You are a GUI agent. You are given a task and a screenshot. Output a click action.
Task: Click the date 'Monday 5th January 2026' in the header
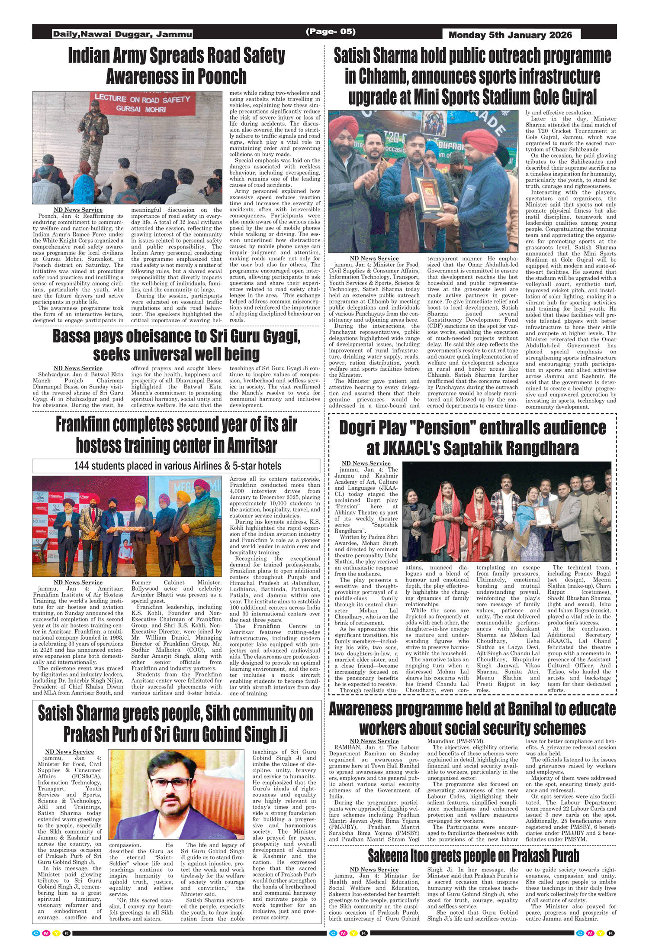point(510,35)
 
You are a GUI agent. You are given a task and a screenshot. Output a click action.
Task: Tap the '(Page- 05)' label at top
point(331,31)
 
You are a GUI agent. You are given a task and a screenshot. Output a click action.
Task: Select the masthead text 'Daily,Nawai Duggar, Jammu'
point(122,34)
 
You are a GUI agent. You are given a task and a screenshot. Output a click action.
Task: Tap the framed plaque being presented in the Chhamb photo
point(431,198)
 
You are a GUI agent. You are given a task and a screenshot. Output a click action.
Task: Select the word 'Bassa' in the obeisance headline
point(71,336)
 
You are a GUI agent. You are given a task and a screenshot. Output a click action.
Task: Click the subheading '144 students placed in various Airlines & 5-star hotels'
point(177,466)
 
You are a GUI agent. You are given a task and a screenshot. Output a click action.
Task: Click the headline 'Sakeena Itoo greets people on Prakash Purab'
point(473,856)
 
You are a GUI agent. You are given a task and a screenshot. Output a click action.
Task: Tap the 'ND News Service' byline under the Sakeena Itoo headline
point(374,870)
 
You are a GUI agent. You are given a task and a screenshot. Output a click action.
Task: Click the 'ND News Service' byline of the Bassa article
point(78,369)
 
